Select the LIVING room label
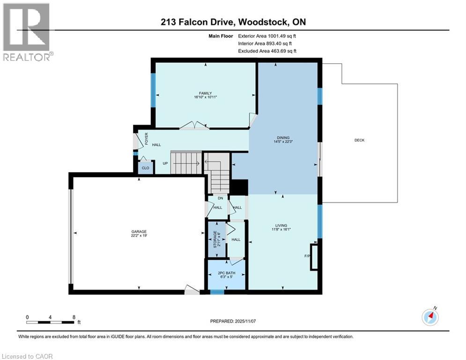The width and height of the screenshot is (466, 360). pos(281,225)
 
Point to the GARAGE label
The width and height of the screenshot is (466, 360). pos(139,232)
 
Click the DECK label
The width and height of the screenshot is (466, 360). pos(359,140)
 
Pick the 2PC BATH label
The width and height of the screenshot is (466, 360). pos(227,272)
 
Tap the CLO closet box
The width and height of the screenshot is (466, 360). pos(145,167)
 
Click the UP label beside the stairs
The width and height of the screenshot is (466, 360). pos(165,164)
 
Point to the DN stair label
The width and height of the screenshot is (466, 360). pos(219,198)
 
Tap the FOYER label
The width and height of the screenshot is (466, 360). pos(146,138)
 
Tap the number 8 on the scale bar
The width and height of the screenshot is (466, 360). pos(74,317)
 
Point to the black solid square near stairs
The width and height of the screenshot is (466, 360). pos(239,187)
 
